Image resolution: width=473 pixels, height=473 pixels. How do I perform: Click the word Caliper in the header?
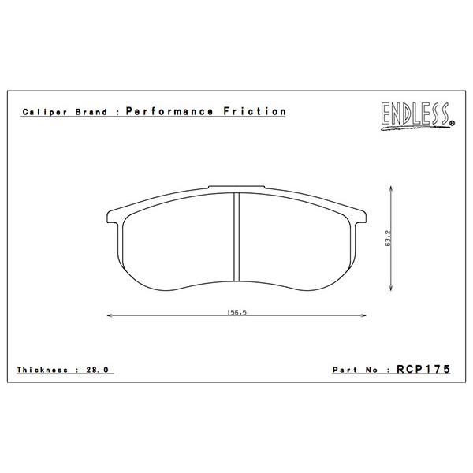click(x=45, y=112)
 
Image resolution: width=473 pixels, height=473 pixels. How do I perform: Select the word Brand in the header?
click(x=91, y=112)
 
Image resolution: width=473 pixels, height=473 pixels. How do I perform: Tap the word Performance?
click(x=169, y=111)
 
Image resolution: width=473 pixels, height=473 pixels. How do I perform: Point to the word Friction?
click(x=255, y=111)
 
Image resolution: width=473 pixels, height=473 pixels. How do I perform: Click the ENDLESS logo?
click(x=416, y=116)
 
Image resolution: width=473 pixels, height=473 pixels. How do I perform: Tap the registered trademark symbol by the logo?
click(x=452, y=123)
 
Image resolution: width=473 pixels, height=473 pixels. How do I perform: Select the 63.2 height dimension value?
click(x=388, y=238)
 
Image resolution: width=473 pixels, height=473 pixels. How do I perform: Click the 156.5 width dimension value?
click(x=236, y=312)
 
